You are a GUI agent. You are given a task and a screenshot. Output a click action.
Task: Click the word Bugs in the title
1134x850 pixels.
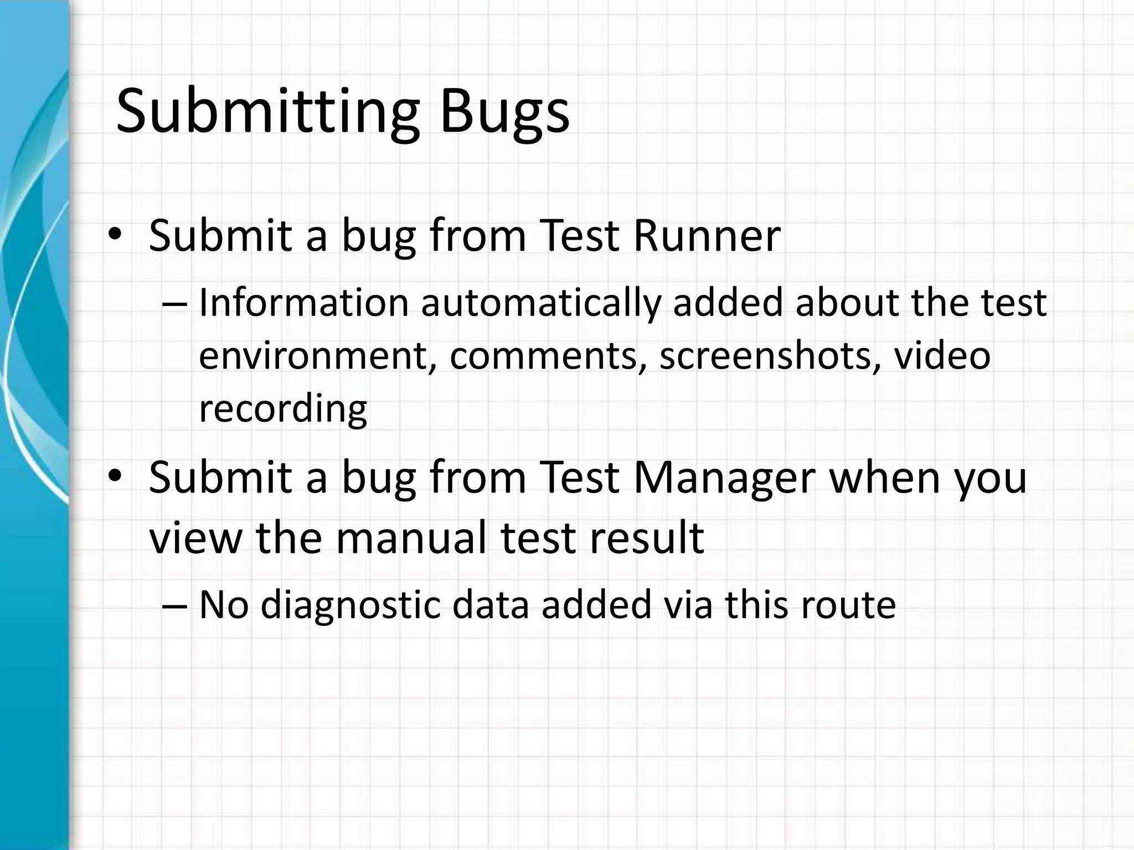[x=504, y=112]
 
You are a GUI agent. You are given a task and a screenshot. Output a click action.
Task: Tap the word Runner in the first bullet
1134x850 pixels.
[x=707, y=236]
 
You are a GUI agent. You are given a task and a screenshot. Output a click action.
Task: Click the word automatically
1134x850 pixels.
[x=541, y=303]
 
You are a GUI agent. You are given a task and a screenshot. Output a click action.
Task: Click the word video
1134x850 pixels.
[x=942, y=356]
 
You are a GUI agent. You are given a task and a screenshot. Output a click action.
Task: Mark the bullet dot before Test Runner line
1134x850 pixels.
[x=115, y=235]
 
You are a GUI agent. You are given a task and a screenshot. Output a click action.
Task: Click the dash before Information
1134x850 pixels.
[x=175, y=304]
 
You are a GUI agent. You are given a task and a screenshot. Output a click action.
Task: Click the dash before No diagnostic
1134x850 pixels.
[x=175, y=605]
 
